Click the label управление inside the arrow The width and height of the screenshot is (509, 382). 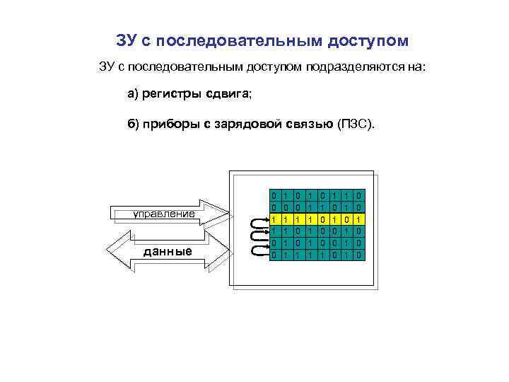(x=165, y=213)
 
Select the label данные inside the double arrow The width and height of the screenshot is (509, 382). (x=167, y=250)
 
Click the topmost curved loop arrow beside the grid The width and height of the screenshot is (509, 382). (x=257, y=221)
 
